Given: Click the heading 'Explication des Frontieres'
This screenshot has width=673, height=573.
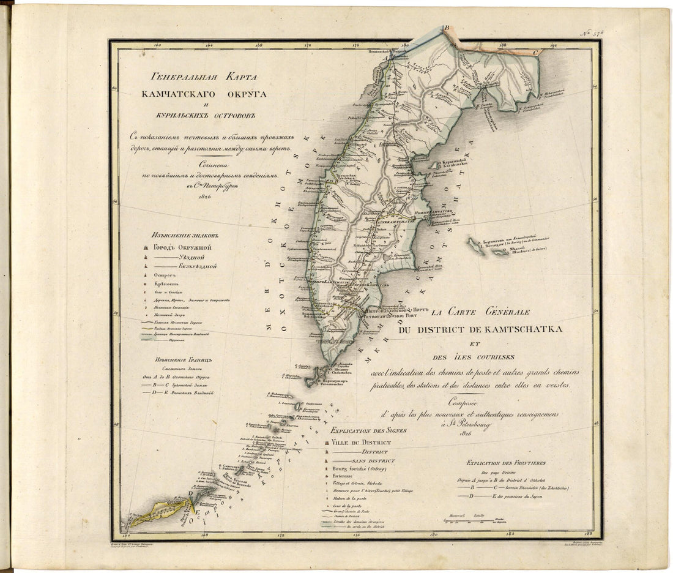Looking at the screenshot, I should (x=505, y=463).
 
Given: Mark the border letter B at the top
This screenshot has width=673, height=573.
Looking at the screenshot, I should (x=446, y=28).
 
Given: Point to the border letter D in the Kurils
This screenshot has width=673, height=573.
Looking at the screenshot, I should (x=191, y=493).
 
